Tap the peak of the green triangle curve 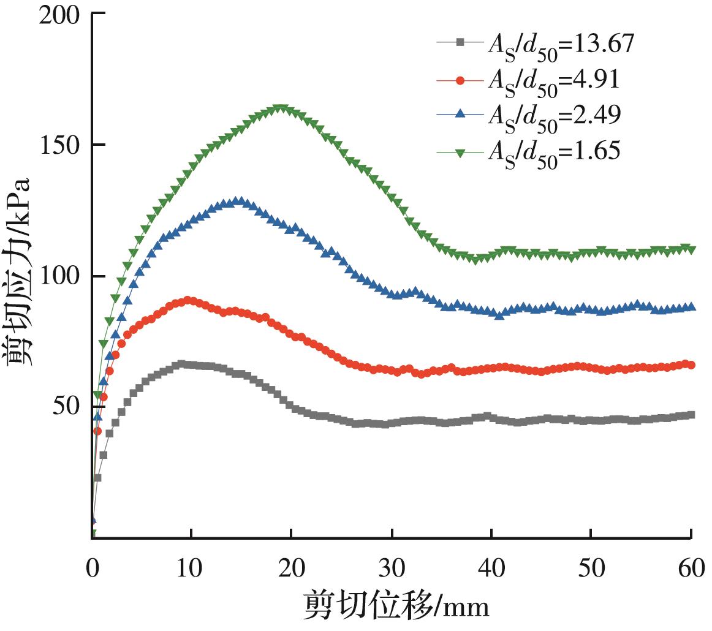(281, 109)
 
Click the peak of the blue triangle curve (238, 201)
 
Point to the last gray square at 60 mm (691, 415)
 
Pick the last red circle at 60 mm (691, 365)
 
